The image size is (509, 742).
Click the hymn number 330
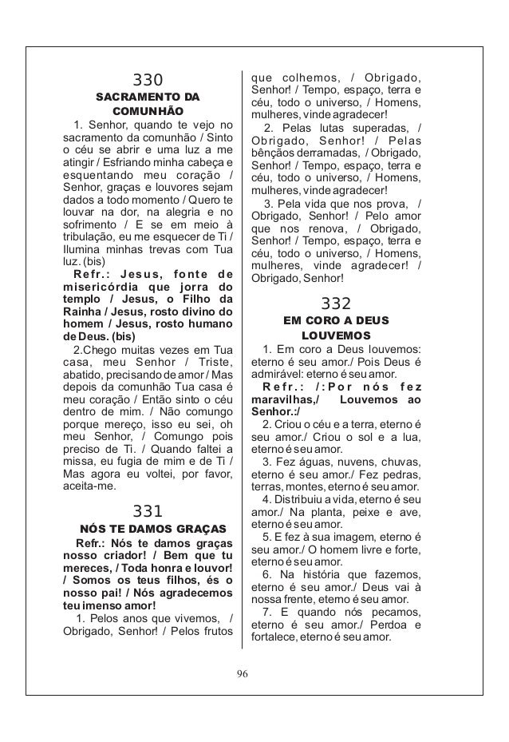pos(147,81)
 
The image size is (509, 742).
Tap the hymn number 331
pos(147,511)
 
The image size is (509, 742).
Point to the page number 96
pos(243,673)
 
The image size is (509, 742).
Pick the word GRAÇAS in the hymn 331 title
pos(196,530)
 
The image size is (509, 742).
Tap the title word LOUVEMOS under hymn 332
pos(335,335)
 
